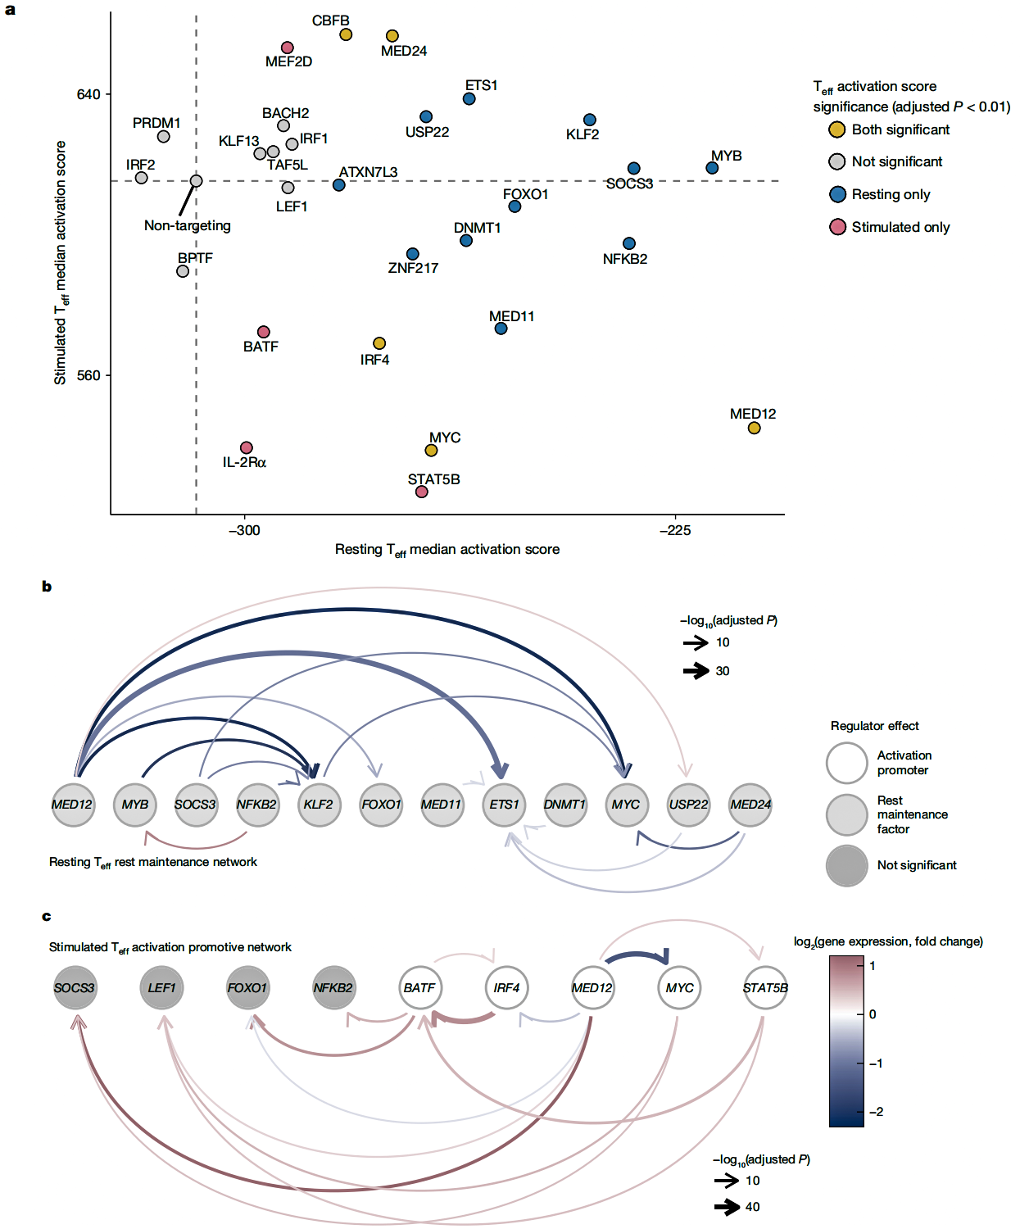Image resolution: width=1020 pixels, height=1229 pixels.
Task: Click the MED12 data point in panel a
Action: click(754, 428)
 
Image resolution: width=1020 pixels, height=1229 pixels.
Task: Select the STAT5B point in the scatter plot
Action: click(421, 492)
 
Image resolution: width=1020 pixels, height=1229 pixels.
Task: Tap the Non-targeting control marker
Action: click(196, 181)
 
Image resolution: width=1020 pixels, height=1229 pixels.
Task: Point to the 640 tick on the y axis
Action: click(88, 94)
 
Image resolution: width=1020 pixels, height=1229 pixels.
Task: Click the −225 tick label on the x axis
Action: click(675, 530)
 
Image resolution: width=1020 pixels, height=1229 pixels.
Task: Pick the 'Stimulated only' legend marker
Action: click(837, 227)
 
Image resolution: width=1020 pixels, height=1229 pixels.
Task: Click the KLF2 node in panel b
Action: click(319, 805)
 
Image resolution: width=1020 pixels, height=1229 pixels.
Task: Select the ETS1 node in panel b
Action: click(504, 805)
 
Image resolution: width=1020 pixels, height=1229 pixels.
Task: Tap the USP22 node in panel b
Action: click(688, 805)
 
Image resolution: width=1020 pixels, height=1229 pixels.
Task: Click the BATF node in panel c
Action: click(419, 988)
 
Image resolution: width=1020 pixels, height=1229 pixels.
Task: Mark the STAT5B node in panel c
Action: click(765, 988)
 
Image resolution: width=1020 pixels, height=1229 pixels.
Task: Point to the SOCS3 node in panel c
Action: click(75, 988)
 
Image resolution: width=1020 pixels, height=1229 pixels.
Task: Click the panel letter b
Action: click(47, 587)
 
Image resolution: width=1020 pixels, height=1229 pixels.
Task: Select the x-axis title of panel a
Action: click(447, 550)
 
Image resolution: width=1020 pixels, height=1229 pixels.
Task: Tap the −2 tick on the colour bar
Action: click(877, 1112)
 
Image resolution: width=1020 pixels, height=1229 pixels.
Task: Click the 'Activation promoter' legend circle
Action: click(846, 763)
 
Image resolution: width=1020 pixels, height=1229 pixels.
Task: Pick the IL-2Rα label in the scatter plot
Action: click(244, 463)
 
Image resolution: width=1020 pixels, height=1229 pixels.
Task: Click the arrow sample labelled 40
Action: click(727, 1207)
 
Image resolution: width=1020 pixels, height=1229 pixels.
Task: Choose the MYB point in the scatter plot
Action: click(712, 168)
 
